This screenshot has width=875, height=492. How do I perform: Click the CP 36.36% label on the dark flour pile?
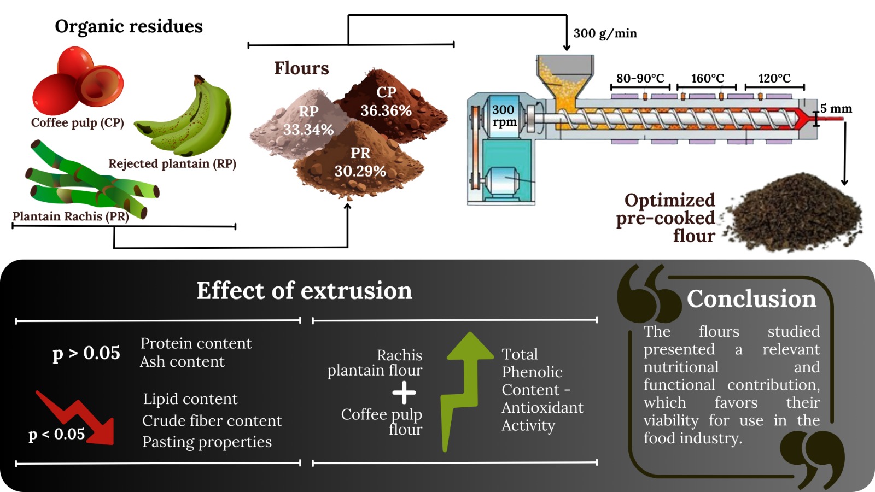click(x=386, y=102)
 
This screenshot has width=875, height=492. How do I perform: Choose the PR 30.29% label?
click(x=360, y=162)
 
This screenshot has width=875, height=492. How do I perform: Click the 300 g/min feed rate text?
click(x=605, y=33)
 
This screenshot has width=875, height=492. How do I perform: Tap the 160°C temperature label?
click(x=707, y=78)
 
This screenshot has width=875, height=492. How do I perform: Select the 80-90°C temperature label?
click(x=640, y=78)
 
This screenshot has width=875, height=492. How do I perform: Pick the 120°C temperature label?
click(x=774, y=78)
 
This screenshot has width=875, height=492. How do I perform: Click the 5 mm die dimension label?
click(x=836, y=108)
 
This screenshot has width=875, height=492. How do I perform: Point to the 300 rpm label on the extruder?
click(x=504, y=115)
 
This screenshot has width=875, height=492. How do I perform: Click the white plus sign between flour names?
click(x=404, y=392)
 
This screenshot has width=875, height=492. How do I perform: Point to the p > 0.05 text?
click(x=86, y=353)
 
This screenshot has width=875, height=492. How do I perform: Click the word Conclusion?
click(x=751, y=299)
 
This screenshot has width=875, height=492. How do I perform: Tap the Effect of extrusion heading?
click(x=304, y=291)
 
